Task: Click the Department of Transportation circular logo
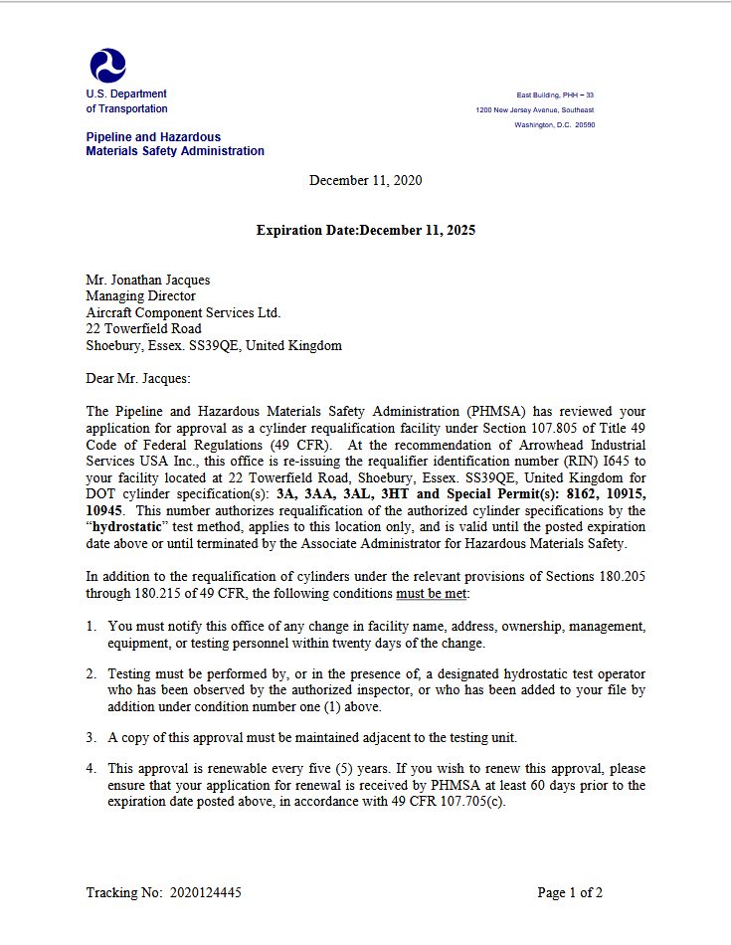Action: pos(107,66)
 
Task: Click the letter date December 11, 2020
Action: pos(365,180)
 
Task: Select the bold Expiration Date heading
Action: pos(365,230)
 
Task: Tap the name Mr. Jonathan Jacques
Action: pos(147,281)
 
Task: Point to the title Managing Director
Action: pos(140,296)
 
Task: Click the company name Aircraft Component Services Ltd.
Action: pos(183,312)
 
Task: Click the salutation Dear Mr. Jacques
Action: pos(137,378)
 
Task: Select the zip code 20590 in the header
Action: pos(585,125)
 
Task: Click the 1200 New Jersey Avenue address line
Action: pos(535,109)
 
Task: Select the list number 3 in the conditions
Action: pos(90,737)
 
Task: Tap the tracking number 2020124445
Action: pos(205,892)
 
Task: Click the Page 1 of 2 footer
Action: pos(570,892)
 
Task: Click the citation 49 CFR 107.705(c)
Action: pos(449,802)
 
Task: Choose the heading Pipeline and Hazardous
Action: pos(153,137)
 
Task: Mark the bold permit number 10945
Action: pos(104,510)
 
